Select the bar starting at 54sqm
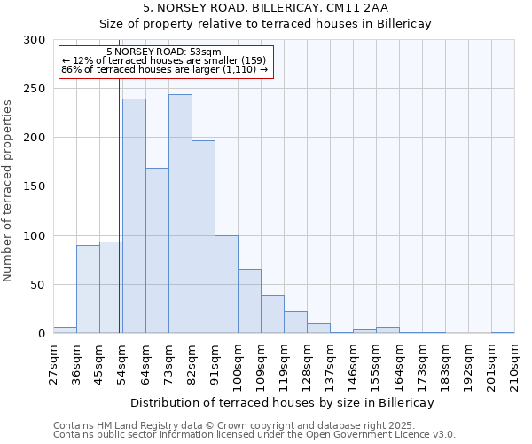(134, 216)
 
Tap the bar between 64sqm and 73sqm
(157, 250)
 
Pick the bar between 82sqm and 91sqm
(203, 237)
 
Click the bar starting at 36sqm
(88, 289)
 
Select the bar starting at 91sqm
(226, 284)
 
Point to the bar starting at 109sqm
(272, 314)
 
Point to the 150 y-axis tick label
(35, 186)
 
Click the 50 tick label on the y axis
(38, 285)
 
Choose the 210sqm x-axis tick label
(514, 362)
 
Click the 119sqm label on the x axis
(284, 362)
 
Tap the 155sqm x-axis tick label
(376, 362)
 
